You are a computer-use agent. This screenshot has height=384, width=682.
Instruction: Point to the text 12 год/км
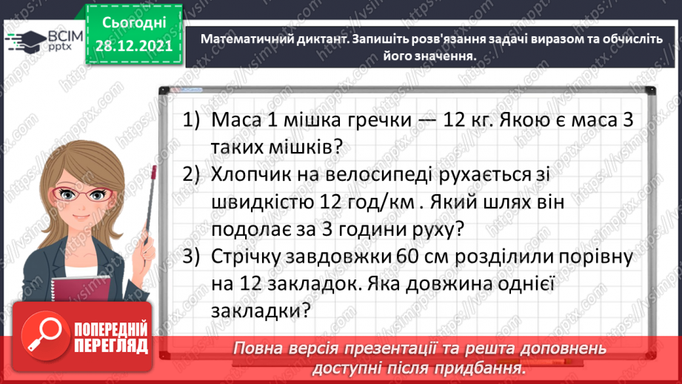coord(366,201)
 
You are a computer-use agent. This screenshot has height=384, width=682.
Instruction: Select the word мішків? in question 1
coord(309,147)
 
